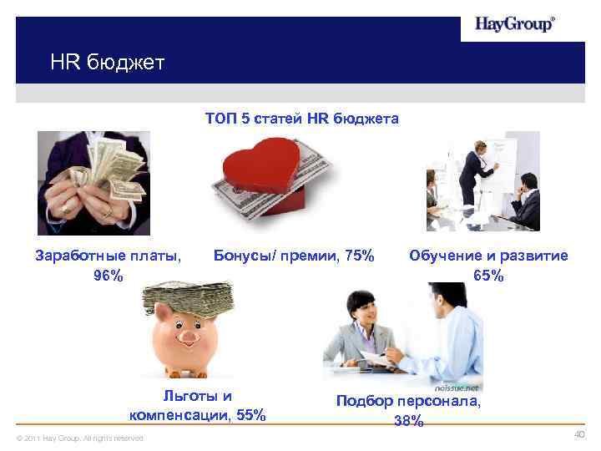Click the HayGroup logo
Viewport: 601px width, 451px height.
point(513,24)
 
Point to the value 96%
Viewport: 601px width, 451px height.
point(109,276)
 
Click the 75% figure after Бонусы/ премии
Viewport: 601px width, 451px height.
point(360,256)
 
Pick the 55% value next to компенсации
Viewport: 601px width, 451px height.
point(251,415)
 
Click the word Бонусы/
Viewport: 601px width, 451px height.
point(243,256)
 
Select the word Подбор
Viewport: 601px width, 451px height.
point(364,401)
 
